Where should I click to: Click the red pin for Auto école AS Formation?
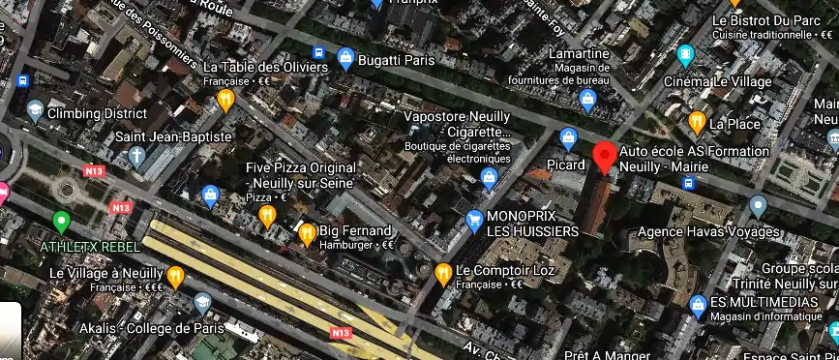[x=605, y=156]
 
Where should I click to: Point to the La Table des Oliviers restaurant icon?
[x=225, y=98]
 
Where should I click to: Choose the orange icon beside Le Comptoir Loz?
[x=442, y=272]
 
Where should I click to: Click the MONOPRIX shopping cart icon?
[x=474, y=220]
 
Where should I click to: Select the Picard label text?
[x=566, y=165]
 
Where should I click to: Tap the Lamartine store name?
[x=581, y=53]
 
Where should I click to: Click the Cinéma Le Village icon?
[x=686, y=53]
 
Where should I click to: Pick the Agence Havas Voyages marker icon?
[x=758, y=205]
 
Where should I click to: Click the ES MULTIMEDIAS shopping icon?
[x=698, y=305]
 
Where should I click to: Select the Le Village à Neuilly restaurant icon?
[x=175, y=278]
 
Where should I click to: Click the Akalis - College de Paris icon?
[x=203, y=304]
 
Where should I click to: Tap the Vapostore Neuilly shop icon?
[x=490, y=177]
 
